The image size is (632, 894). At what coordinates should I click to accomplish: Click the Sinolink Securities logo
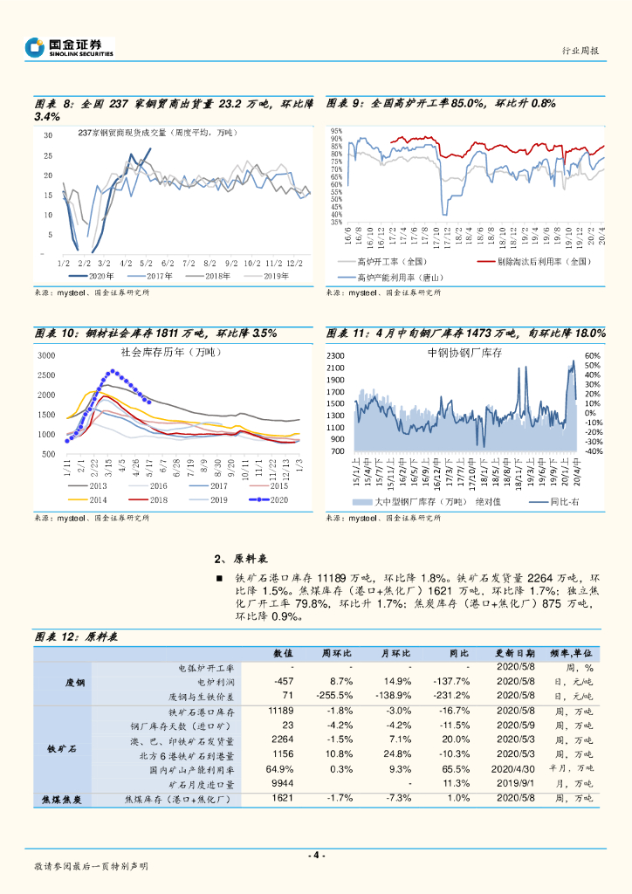69,47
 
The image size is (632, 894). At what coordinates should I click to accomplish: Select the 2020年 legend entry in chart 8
98,276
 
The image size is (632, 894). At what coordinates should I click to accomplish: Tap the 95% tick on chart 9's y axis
336,131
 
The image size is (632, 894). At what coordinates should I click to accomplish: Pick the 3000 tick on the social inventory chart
47,355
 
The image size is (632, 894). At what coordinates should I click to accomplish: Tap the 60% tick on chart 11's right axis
593,356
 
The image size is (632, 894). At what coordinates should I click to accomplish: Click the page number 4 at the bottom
317,855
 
